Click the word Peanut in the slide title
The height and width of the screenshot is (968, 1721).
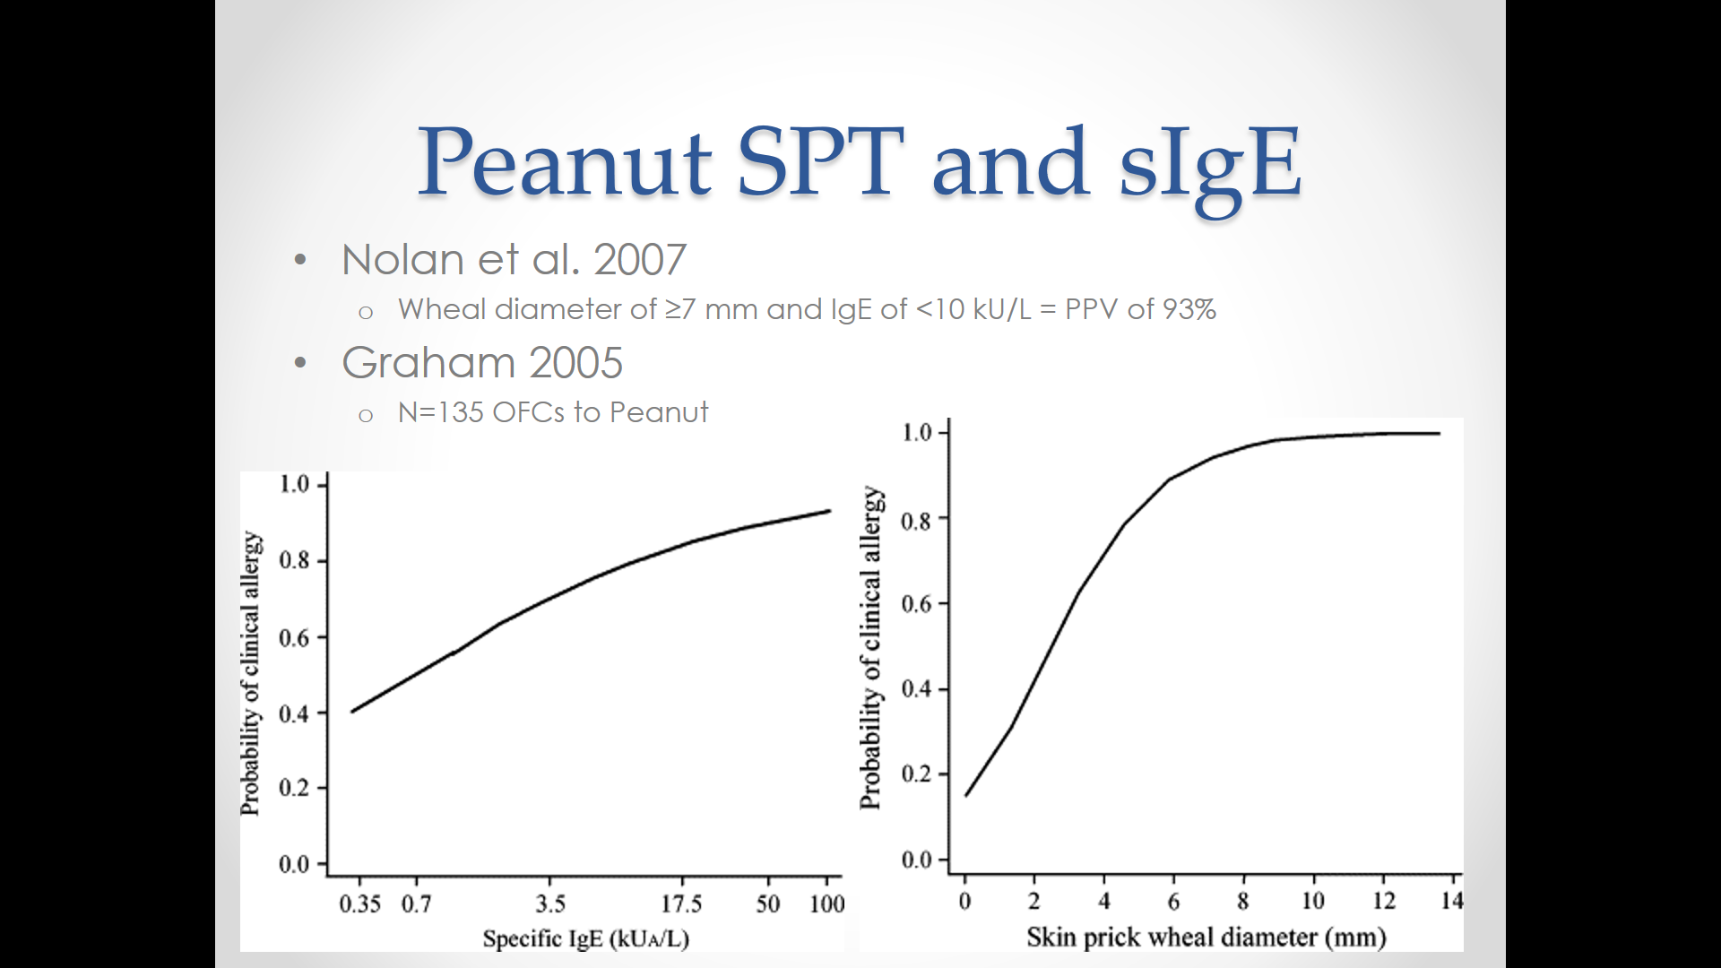565,162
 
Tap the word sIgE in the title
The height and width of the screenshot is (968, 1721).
1210,164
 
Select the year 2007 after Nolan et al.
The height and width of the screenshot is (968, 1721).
640,260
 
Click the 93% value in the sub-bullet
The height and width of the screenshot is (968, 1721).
1189,309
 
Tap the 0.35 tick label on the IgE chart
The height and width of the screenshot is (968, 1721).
359,903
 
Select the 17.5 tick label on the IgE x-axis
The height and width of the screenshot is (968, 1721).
681,903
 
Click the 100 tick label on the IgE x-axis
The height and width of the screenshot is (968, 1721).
826,903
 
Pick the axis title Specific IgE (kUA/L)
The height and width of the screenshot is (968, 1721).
586,938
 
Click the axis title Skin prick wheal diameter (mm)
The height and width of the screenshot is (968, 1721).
1206,938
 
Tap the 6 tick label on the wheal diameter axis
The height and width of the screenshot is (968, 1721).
1173,901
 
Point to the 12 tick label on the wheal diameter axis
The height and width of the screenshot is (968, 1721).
1384,901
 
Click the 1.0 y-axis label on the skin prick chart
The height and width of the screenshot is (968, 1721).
917,433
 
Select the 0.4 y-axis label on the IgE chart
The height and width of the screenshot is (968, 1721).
294,714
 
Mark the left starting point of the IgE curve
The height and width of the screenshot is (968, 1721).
353,712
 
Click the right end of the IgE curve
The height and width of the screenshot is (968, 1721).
830,511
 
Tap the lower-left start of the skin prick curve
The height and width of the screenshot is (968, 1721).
965,796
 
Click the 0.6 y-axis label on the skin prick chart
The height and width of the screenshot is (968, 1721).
917,604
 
